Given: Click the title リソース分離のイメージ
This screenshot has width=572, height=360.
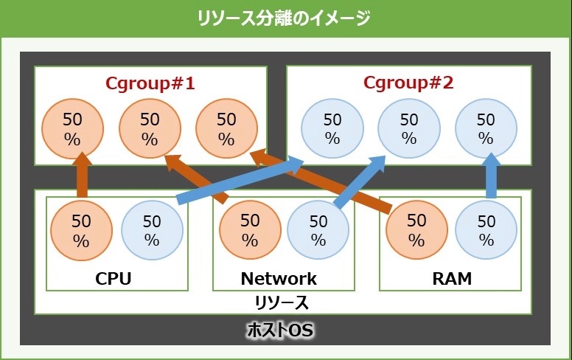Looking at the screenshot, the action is [284, 18].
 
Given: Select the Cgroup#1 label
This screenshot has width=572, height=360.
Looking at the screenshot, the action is [150, 83].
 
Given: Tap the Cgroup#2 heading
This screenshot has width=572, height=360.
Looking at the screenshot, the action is [408, 83].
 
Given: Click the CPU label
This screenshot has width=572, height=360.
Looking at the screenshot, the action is [113, 279].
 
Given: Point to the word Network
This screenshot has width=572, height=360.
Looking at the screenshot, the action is [279, 279].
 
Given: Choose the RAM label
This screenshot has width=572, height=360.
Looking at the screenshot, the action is [452, 279].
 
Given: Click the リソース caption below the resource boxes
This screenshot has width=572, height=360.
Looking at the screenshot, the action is [282, 303].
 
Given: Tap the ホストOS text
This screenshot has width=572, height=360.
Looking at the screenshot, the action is [280, 330].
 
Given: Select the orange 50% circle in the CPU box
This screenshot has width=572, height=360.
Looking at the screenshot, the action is [81, 230].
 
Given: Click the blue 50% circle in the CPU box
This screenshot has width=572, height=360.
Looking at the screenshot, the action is [152, 230].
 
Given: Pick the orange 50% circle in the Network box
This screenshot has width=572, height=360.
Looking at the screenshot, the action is [250, 230].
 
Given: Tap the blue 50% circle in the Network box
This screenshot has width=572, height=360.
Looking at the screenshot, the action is [318, 230].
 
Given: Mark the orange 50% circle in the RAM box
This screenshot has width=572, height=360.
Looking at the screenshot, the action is [416, 230].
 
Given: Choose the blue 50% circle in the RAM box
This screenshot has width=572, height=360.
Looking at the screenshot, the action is [486, 230].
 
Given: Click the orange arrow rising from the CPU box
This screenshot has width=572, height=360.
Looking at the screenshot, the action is [82, 176].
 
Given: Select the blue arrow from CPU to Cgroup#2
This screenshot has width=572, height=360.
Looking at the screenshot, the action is [240, 180].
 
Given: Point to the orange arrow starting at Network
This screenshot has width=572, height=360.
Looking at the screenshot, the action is [196, 179].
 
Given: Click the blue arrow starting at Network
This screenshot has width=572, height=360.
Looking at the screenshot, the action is [360, 181].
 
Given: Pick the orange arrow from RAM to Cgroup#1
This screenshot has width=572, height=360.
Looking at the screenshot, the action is [321, 180].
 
